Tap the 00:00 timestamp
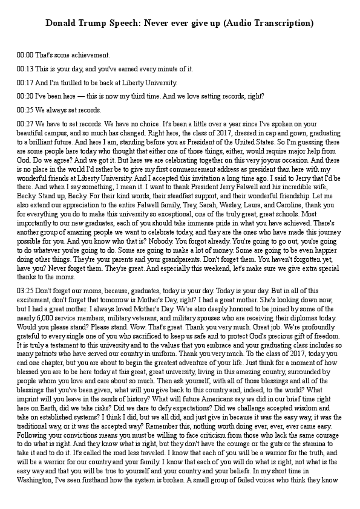[x=25, y=55]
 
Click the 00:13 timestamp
[x=25, y=69]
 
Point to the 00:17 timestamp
[x=25, y=82]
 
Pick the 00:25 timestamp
[x=25, y=110]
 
